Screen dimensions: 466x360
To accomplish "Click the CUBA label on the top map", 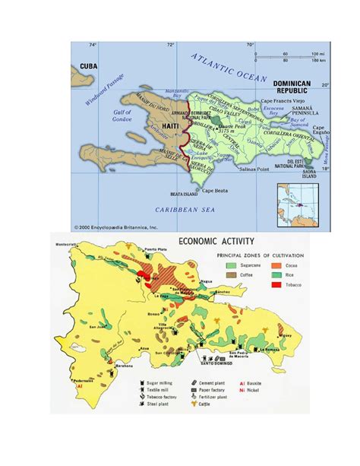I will [x=88, y=67].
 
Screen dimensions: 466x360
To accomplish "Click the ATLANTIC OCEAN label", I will [x=228, y=68].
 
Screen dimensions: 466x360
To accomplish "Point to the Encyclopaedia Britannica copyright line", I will [x=115, y=226].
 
